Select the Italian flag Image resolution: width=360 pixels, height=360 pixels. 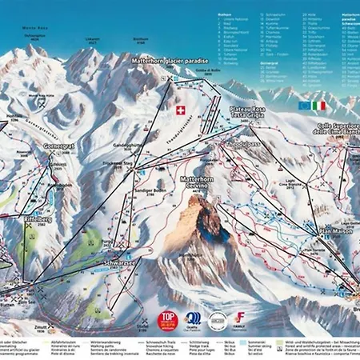(320, 105)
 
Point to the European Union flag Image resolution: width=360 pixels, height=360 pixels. (302, 105)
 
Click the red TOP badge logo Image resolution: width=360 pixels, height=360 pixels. (167, 319)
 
